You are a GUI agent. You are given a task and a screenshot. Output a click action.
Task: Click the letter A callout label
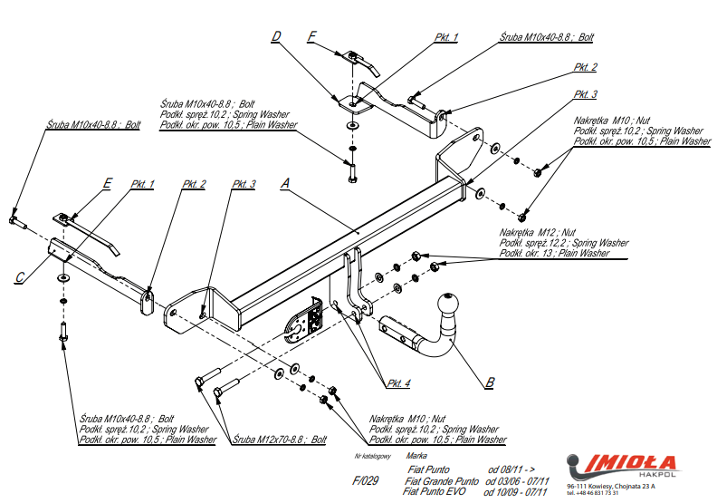tap(285, 183)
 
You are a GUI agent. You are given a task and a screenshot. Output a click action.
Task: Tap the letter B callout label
tap(489, 382)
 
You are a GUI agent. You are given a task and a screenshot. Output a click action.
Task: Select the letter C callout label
tap(19, 278)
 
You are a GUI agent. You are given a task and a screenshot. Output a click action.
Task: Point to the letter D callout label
tap(276, 36)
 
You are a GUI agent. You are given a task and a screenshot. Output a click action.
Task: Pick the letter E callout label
tap(107, 184)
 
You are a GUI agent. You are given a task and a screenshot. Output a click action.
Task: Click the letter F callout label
tap(312, 36)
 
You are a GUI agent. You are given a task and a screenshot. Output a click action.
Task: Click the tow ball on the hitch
tap(449, 305)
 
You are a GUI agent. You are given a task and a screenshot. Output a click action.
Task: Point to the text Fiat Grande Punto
tap(441, 480)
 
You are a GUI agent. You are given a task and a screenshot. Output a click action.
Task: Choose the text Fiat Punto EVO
tap(436, 491)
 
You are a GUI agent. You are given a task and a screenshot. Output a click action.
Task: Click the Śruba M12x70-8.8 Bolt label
tap(280, 440)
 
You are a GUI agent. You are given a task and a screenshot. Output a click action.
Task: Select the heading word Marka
tap(417, 456)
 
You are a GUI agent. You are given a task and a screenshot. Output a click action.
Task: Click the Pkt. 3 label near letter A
tap(244, 184)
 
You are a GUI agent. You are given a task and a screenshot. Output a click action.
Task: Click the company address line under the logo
tap(611, 487)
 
